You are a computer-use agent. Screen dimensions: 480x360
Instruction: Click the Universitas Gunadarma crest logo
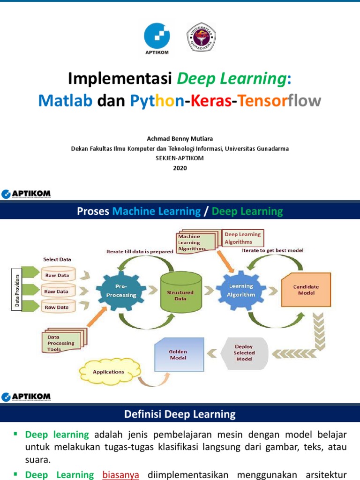201,37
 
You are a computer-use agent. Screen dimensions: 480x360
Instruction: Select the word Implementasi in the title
120,79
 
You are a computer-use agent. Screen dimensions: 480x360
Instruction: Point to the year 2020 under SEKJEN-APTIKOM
180,168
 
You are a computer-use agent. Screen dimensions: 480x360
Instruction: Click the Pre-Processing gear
119,291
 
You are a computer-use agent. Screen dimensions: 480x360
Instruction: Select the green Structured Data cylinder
180,293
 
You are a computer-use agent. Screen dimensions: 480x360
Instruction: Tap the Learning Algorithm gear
241,291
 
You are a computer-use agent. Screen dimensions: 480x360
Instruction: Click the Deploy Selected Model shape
244,352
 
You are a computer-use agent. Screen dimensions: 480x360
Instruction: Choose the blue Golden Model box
179,354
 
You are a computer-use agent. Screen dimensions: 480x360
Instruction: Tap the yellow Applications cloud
109,372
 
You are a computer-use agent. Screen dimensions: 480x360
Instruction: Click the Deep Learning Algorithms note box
242,238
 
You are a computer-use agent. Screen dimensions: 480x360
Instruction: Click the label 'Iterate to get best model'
272,251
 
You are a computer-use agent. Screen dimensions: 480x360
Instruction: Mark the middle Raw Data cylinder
57,292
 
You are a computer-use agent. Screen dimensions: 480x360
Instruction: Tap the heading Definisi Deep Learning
180,414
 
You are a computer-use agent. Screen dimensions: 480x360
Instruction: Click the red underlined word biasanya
121,475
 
